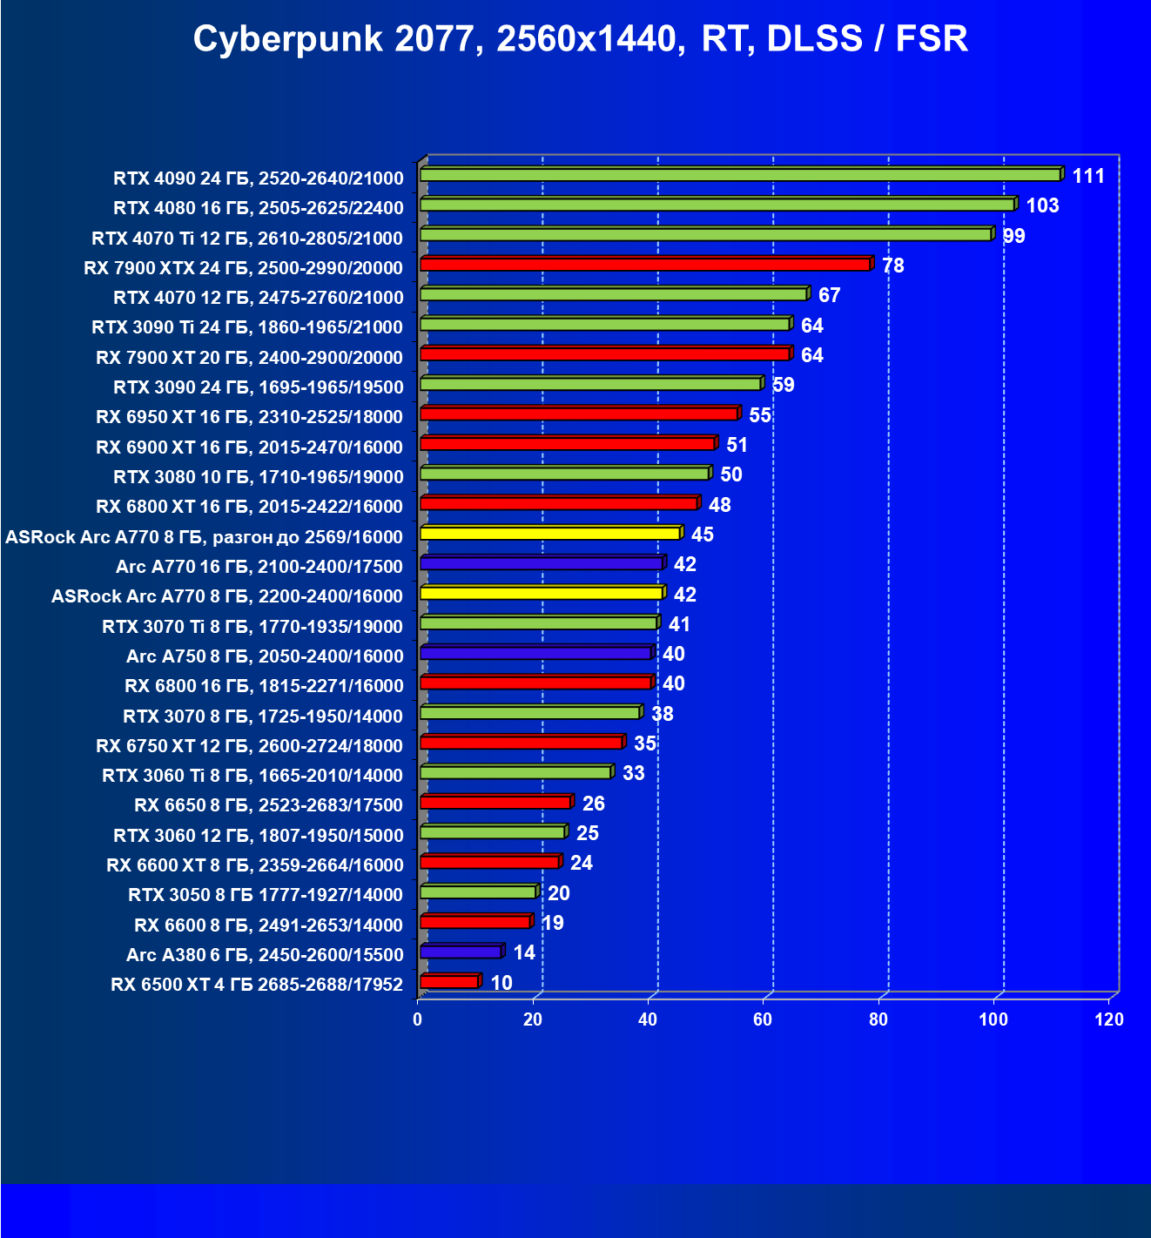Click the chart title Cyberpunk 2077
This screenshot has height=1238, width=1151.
tap(580, 39)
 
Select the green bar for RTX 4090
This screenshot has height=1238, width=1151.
tap(740, 175)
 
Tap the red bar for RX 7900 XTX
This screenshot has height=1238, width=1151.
tap(644, 265)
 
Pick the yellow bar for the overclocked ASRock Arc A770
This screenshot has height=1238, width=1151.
tap(549, 533)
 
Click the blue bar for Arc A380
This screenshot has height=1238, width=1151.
tap(461, 952)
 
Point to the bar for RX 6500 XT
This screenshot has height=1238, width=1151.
tap(449, 982)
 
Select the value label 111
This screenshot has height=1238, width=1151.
tap(1088, 177)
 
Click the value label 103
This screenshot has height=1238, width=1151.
tap(1042, 206)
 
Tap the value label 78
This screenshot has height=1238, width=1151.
tap(893, 266)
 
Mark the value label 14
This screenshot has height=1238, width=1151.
tap(524, 952)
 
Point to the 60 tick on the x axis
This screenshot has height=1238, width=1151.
tap(763, 1019)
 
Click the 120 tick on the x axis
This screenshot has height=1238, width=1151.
tap(1109, 1019)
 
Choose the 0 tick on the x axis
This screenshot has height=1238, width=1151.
tap(418, 1019)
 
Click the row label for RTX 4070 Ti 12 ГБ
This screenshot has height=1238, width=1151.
tap(247, 238)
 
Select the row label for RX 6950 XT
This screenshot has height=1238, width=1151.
tap(249, 417)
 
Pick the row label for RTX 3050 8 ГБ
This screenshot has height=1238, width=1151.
tap(266, 895)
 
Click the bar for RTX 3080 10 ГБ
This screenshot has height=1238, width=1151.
tap(564, 474)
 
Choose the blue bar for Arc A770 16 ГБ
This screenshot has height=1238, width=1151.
tap(541, 563)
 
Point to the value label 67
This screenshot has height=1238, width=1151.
tap(829, 296)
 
